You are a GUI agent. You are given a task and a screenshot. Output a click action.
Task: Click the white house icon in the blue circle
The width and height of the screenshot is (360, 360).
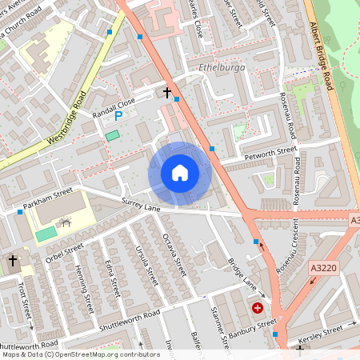pyautogui.click(x=180, y=172)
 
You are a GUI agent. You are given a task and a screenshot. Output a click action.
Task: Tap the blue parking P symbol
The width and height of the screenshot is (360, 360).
pyautogui.click(x=118, y=116)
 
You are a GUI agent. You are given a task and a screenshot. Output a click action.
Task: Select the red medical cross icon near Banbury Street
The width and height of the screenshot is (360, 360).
pyautogui.click(x=258, y=307)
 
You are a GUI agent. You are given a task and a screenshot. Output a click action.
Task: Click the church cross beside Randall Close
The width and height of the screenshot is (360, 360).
pyautogui.click(x=167, y=93)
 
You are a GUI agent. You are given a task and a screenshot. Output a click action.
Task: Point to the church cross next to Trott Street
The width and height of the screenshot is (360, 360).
pyautogui.click(x=13, y=261)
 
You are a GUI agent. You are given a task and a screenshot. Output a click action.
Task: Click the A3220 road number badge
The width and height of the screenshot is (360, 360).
pyautogui.click(x=323, y=271)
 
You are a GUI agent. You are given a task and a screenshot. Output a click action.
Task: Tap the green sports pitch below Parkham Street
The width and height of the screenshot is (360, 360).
pyautogui.click(x=46, y=234)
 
